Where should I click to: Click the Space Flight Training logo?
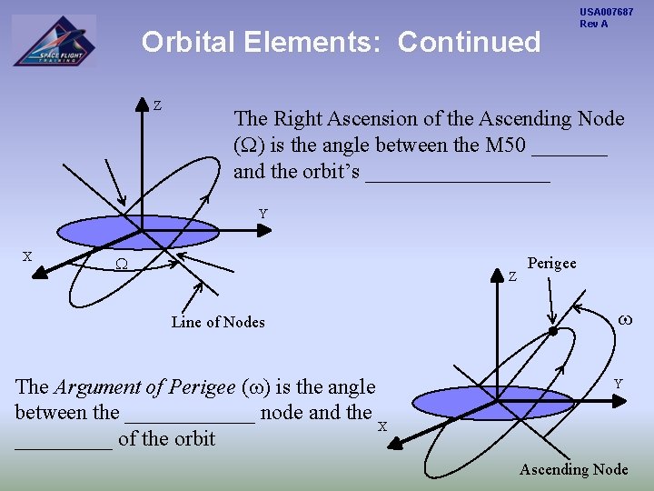(54, 42)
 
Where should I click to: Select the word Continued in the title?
(469, 43)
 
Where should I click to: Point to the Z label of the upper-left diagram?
(157, 106)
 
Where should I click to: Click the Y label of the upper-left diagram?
(263, 215)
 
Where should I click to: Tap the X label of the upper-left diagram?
(27, 256)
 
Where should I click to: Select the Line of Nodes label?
(218, 322)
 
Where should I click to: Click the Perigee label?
(551, 264)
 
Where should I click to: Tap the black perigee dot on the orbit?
(552, 331)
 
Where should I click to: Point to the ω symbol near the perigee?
(624, 320)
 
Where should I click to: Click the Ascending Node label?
(573, 469)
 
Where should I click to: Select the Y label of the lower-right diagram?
(618, 385)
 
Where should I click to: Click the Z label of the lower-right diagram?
(512, 276)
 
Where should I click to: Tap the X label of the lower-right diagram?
(382, 427)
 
